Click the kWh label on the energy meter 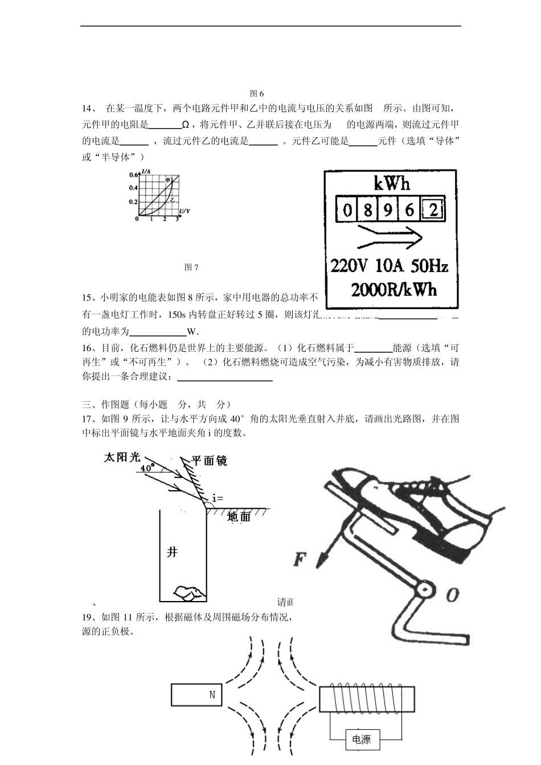[x=392, y=183]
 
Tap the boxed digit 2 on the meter [x=434, y=210]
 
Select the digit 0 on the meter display [x=347, y=211]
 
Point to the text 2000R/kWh [x=394, y=290]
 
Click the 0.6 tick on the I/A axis [x=133, y=174]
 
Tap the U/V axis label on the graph [x=184, y=212]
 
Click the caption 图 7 [x=191, y=267]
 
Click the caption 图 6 [x=257, y=93]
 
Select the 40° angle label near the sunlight [x=147, y=468]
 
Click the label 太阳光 [x=121, y=457]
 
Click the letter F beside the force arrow [x=300, y=560]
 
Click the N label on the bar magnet [x=212, y=695]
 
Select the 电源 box [x=362, y=740]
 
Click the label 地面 [x=239, y=517]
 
